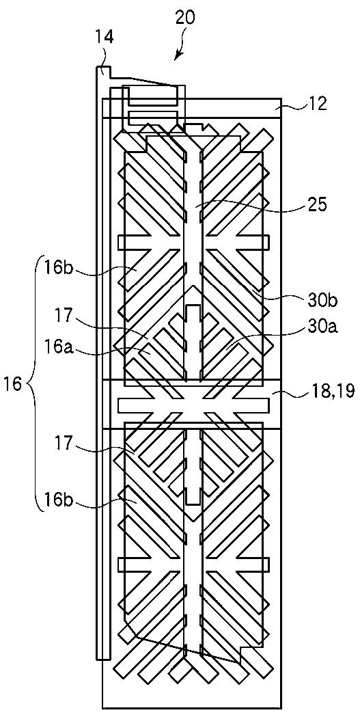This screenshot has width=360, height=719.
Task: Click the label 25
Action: click(x=316, y=205)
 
